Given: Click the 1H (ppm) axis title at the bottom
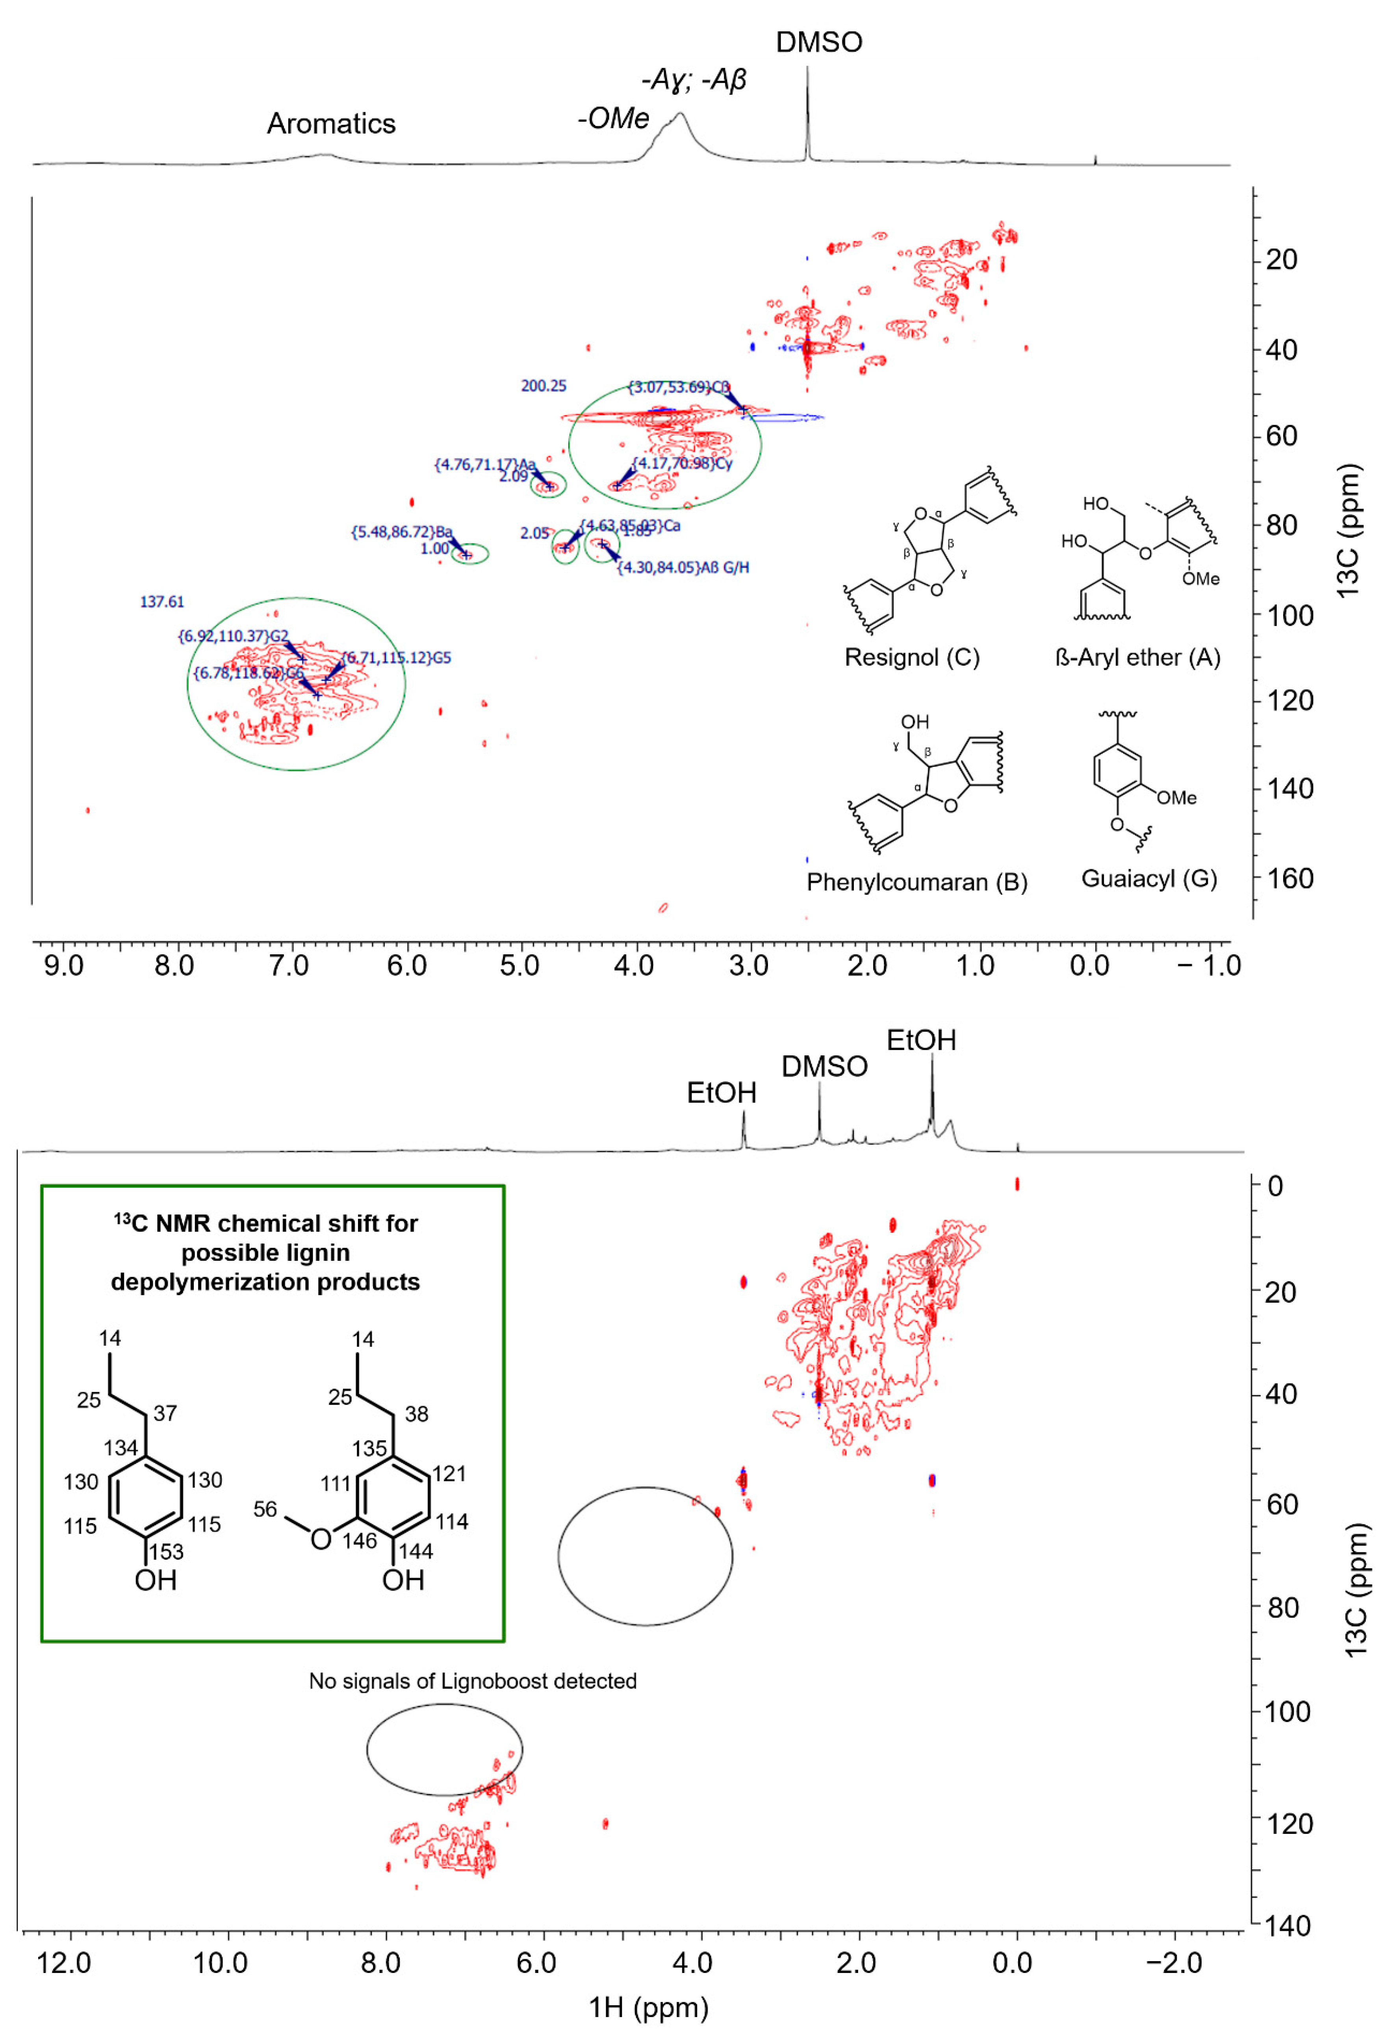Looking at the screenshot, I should (x=647, y=2007).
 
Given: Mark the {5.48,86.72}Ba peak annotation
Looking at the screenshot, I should (x=402, y=532).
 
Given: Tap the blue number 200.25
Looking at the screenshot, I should (x=544, y=386).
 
